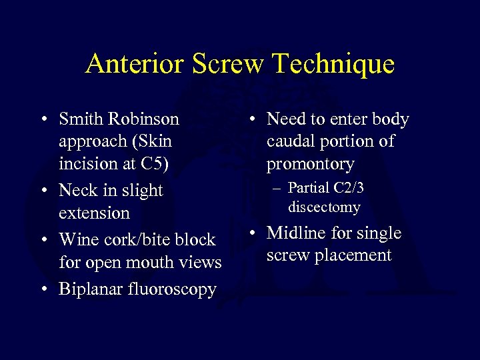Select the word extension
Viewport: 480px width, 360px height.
coord(94,213)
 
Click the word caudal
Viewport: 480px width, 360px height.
coord(291,141)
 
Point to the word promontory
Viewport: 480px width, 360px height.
coord(310,164)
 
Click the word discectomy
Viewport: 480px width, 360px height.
coord(324,207)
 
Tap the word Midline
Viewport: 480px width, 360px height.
coord(295,233)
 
